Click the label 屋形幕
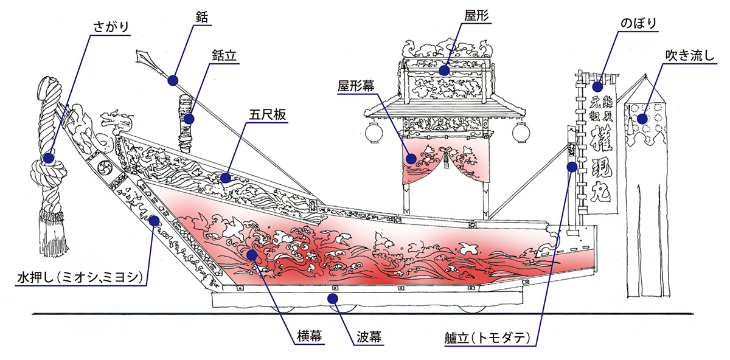(x=356, y=86)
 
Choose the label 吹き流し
(x=690, y=56)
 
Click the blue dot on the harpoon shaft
(x=173, y=80)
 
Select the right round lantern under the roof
(x=520, y=131)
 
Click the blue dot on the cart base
(x=332, y=298)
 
